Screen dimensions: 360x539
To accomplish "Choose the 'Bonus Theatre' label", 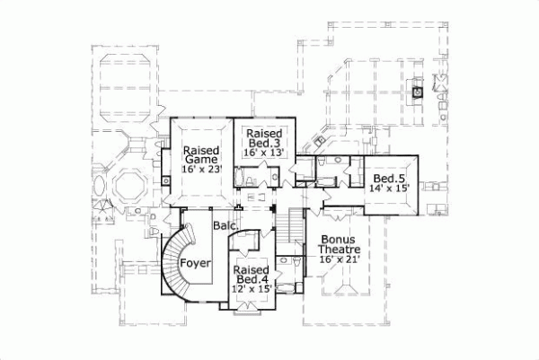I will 339,247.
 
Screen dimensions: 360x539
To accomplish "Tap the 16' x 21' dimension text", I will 339,260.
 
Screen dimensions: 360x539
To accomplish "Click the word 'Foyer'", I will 195,263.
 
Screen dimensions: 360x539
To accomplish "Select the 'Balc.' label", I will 225,228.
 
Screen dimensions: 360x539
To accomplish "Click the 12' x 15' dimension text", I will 251,289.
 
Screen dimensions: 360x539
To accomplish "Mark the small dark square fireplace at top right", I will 417,90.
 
